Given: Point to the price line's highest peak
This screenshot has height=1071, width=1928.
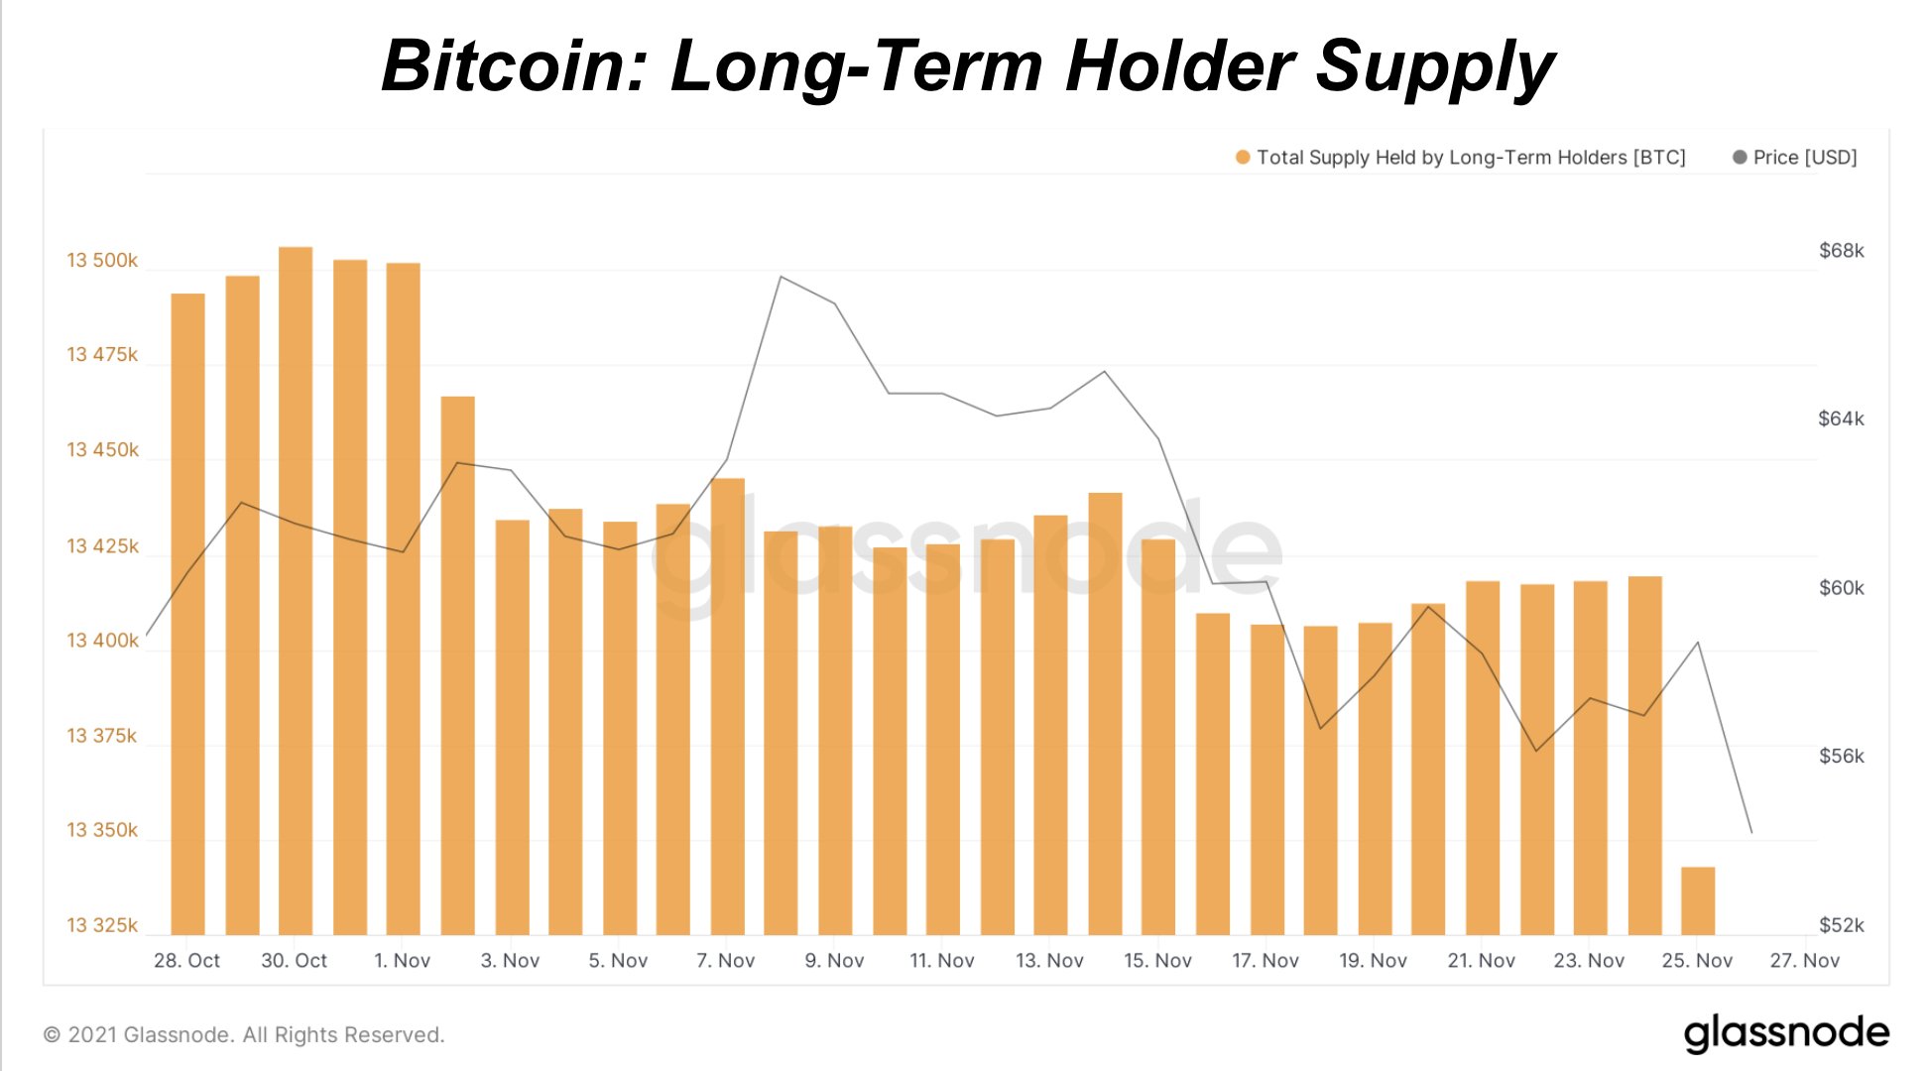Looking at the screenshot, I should (x=781, y=277).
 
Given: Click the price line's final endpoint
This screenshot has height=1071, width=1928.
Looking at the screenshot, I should (x=1751, y=832).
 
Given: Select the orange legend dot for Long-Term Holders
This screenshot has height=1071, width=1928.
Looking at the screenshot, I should (x=1242, y=158).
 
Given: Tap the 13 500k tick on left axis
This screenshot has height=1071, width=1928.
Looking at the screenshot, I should (x=102, y=260).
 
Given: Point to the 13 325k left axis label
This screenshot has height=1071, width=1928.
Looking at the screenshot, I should (x=102, y=925).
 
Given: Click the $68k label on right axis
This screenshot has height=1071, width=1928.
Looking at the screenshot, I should (x=1841, y=251).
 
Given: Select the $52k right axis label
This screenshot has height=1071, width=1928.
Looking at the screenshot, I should (x=1841, y=925).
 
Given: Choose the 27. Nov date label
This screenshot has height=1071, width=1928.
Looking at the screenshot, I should (x=1804, y=960).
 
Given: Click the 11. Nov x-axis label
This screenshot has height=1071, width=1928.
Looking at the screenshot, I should (x=941, y=960).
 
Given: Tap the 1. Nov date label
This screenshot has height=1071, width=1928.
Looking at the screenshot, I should (x=402, y=960).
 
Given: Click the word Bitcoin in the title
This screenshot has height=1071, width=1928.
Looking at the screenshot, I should (x=513, y=66).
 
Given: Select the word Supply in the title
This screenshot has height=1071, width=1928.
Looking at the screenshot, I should (x=1434, y=66).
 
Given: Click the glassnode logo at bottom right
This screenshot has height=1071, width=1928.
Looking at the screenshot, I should (x=1786, y=1033).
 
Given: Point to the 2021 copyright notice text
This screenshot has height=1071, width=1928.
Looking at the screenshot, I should (x=244, y=1034).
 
